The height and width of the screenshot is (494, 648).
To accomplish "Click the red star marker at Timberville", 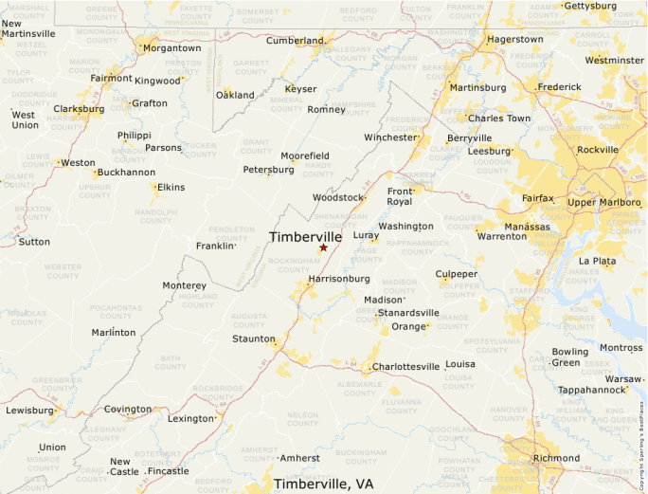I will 323,247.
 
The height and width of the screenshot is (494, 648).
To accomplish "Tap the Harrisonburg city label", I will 338,279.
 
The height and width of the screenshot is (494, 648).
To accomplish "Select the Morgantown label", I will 171,47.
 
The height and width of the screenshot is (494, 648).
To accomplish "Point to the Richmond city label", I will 556,458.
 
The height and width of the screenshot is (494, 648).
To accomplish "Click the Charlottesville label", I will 405,366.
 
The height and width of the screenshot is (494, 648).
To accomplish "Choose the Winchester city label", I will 390,137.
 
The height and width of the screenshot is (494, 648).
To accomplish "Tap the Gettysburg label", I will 592,6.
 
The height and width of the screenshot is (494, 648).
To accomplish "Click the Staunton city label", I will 253,338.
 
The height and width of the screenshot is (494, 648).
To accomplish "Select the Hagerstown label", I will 514,40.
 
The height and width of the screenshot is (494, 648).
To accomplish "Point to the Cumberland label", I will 294,41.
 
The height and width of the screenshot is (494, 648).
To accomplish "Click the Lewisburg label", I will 29,411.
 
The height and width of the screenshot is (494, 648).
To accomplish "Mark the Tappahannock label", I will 589,390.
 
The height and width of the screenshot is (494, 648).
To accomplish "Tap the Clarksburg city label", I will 79,109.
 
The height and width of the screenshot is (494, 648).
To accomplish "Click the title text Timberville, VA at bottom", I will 323,484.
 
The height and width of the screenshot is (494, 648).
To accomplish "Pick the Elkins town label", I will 171,187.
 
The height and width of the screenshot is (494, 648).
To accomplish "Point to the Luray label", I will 366,235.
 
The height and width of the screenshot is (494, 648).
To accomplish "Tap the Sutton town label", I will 34,242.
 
